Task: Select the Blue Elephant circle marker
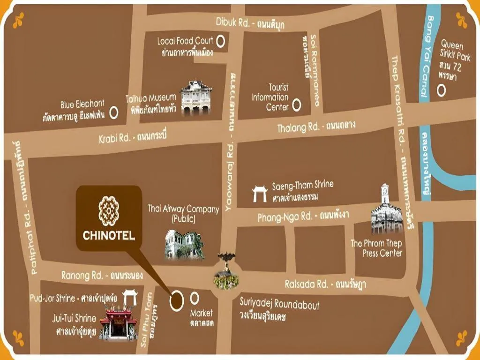tap(113, 112)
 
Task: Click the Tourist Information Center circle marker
tap(296, 105)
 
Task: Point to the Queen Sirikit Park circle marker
tap(441, 90)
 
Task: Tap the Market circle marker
tap(195, 298)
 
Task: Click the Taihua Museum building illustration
tap(196, 98)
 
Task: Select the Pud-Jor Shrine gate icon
tap(129, 298)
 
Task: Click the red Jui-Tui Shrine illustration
tap(118, 323)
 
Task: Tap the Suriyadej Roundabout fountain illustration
tap(226, 272)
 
